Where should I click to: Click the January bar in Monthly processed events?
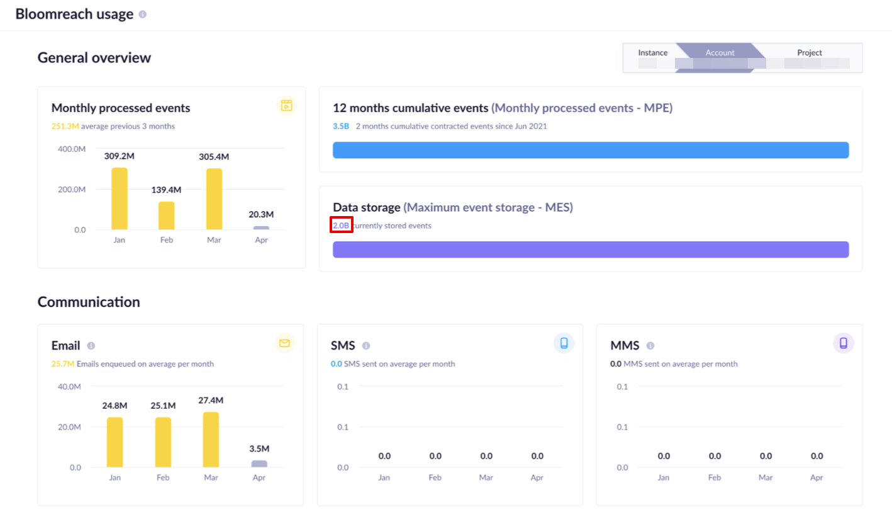pyautogui.click(x=120, y=198)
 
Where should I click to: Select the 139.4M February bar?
pyautogui.click(x=166, y=215)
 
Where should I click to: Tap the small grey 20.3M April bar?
pyautogui.click(x=261, y=227)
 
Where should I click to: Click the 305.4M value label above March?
pyautogui.click(x=214, y=157)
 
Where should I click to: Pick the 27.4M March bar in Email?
pyautogui.click(x=211, y=440)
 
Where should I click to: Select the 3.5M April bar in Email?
pyautogui.click(x=259, y=464)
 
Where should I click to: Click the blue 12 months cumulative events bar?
pyautogui.click(x=590, y=150)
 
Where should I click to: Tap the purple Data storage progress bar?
pyautogui.click(x=590, y=249)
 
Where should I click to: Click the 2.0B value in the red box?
pyautogui.click(x=341, y=226)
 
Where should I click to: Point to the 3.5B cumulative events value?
pyautogui.click(x=341, y=126)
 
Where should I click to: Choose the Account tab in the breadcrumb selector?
pyautogui.click(x=720, y=53)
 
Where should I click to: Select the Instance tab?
pyautogui.click(x=652, y=53)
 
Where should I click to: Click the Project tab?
pyautogui.click(x=810, y=53)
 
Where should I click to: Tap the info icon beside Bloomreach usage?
pyautogui.click(x=143, y=14)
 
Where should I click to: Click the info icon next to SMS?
pyautogui.click(x=366, y=346)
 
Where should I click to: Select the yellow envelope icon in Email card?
pyautogui.click(x=284, y=343)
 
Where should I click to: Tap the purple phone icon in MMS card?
pyautogui.click(x=844, y=343)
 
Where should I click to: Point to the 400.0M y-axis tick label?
pyautogui.click(x=72, y=149)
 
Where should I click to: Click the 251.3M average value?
pyautogui.click(x=65, y=126)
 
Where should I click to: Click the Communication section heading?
pyautogui.click(x=89, y=302)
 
